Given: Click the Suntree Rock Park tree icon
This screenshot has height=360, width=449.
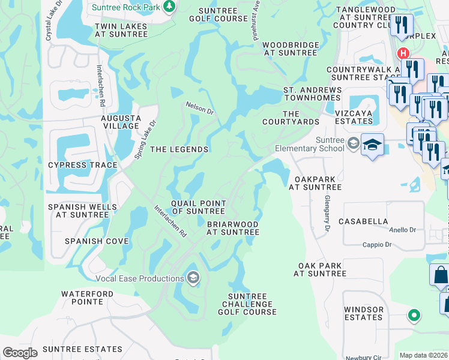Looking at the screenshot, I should tap(170, 7).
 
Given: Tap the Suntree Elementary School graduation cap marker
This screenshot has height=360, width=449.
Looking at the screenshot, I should tap(372, 145).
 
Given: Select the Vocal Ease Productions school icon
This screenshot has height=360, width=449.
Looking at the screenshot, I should tap(193, 278).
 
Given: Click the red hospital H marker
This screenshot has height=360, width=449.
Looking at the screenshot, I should tap(403, 53).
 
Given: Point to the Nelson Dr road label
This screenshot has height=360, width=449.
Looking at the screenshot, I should tap(200, 108).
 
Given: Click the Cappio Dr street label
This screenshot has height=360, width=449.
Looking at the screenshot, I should tap(376, 244).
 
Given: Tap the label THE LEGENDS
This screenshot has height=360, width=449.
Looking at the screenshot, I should tap(179, 149).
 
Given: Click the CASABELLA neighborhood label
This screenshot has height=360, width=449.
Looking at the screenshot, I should tap(363, 221).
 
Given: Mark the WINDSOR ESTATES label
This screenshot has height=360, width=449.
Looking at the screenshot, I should tap(364, 314).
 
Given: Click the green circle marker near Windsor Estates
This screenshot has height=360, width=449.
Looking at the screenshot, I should tap(413, 314).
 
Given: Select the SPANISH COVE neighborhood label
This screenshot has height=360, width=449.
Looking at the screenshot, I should tap(97, 241).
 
